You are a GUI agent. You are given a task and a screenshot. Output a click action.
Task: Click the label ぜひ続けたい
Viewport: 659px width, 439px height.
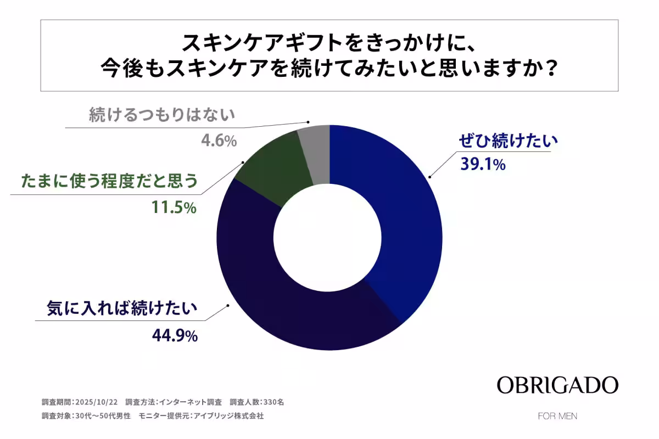508,142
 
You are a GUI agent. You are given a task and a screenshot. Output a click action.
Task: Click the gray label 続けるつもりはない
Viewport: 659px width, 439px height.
162,115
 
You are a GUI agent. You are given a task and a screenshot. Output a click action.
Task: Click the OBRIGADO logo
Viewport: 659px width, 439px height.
557,385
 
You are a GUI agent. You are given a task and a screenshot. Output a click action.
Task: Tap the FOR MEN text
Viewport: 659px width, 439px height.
557,415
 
